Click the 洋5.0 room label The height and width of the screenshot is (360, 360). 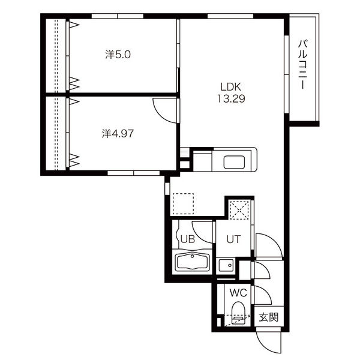coord(118,55)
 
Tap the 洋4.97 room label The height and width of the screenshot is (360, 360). coord(118,134)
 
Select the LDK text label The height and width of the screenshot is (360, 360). coord(231,87)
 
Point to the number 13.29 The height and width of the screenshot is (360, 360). coord(231,99)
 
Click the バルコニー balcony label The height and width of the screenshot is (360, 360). coord(303,65)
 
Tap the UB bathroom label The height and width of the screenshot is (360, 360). coord(188,239)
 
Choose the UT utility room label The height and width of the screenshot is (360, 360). coord(233,239)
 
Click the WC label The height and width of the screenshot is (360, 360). coord(238,293)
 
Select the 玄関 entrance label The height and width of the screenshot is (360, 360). coord(269,317)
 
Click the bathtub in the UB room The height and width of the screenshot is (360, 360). coord(193,262)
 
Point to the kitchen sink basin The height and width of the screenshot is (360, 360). coord(234,163)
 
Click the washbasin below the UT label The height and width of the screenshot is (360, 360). coord(226,266)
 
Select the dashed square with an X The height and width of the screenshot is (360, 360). coord(239,210)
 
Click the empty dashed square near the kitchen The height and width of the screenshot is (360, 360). coord(183,203)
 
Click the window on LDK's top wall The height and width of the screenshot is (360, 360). coord(230,16)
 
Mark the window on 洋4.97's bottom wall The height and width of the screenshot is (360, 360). coord(133,173)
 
